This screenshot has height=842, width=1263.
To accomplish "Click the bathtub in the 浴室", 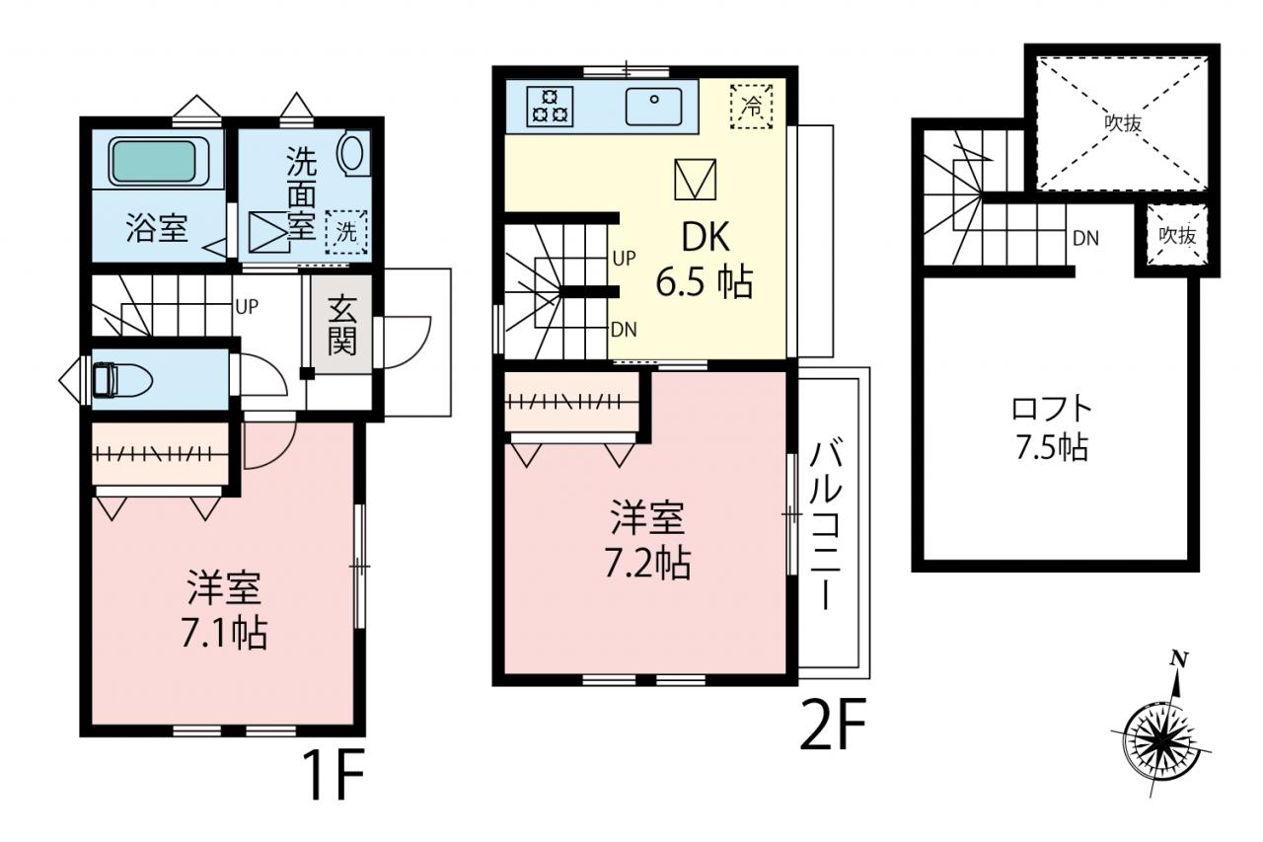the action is (159, 162).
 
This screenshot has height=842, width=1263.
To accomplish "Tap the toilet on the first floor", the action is (122, 379).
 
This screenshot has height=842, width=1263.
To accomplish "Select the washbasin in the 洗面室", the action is (352, 152).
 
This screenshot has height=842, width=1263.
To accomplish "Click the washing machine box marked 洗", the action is (346, 232).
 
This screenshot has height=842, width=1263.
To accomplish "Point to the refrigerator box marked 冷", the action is (751, 107).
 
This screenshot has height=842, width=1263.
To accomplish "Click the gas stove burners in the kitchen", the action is (550, 106).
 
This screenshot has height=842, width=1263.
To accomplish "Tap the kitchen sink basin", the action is (653, 106).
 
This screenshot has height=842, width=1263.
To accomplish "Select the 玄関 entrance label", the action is (342, 327).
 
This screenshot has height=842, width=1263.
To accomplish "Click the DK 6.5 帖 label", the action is (706, 259).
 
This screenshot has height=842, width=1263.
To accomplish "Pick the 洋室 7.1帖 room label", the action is (224, 611).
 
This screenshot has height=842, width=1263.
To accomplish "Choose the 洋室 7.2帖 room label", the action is (648, 541).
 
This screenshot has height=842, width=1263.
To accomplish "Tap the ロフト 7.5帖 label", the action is (1052, 428).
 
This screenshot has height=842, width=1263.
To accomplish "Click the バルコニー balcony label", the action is (826, 525).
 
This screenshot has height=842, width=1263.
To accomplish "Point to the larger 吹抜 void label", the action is (1123, 123).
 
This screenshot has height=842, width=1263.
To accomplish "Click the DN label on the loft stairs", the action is (1085, 239).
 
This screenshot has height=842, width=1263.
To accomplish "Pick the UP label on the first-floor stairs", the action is (247, 306).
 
